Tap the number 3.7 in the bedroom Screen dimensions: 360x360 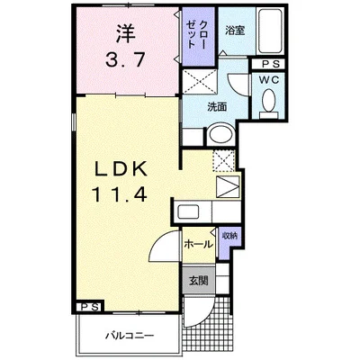pos(125,59)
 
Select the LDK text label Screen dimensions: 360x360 pos(121,169)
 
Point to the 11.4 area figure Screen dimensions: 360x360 pos(121,193)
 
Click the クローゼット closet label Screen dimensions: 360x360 pos(197,35)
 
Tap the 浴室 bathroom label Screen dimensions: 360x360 pos(235,31)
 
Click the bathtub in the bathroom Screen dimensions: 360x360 pos(270,31)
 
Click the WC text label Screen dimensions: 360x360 pos(269,79)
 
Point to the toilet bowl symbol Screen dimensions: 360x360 pos(269,102)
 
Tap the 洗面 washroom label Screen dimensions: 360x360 pos(217,107)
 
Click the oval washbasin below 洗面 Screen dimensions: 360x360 pos(221,134)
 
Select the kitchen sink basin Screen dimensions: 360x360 pos(188,211)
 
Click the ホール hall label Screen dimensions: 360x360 pos(198,245)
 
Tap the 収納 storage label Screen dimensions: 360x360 pos(229,236)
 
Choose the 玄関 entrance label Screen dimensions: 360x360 pos(198,281)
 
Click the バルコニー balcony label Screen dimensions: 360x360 pos(130,335)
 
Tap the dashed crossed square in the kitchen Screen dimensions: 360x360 pos(224,161)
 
